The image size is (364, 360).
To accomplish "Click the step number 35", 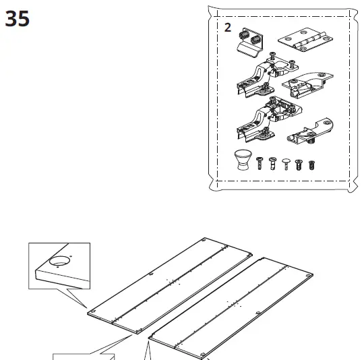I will click(x=18, y=19).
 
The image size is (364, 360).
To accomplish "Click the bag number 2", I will click(x=227, y=28).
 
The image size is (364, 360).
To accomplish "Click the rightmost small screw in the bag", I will click(x=311, y=164).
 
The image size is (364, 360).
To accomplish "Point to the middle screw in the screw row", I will click(x=286, y=164).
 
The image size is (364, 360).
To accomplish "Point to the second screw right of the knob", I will click(x=272, y=164).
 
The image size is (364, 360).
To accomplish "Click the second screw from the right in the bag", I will click(x=300, y=164).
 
